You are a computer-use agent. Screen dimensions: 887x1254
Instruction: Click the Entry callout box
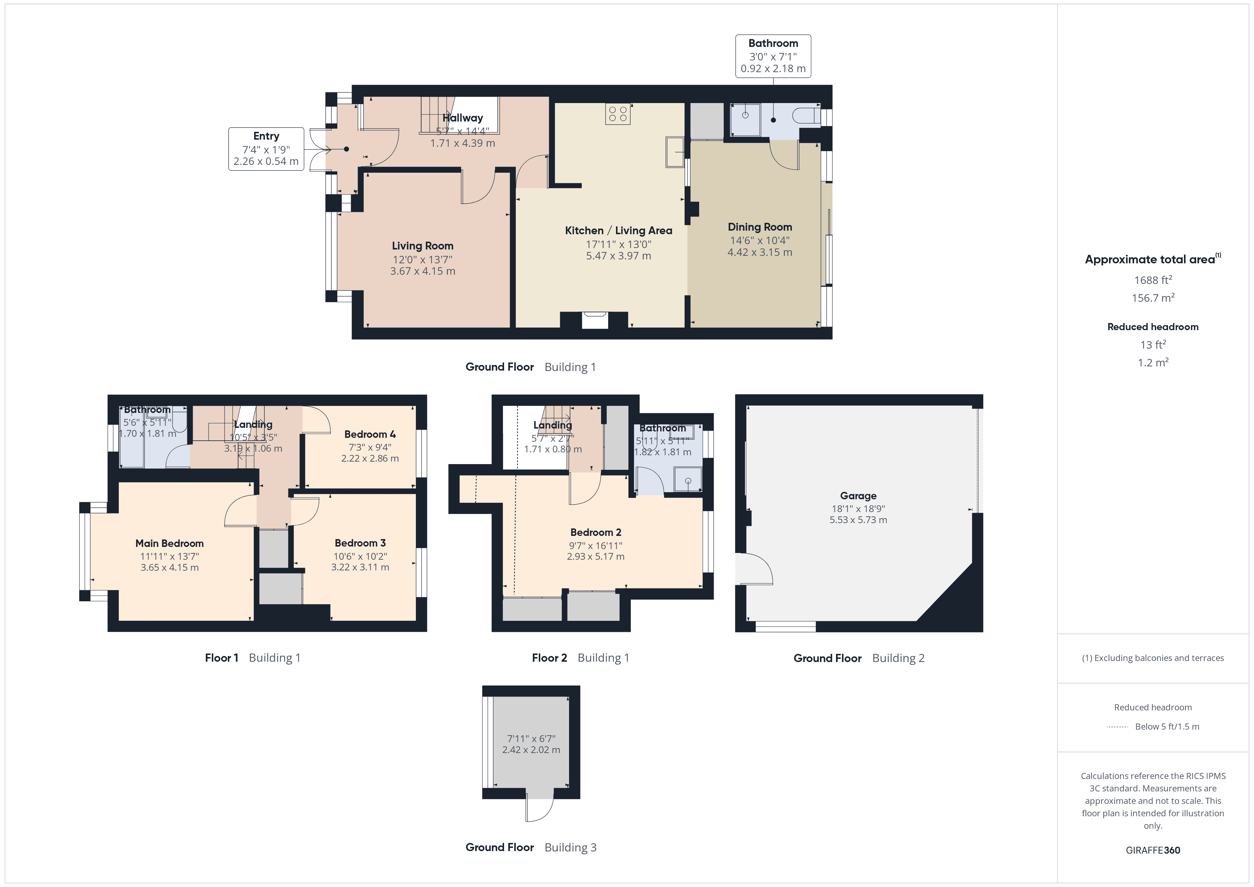pos(266,149)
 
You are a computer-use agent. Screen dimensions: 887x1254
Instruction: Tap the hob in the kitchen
pos(618,114)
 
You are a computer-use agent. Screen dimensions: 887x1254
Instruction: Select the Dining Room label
pos(759,227)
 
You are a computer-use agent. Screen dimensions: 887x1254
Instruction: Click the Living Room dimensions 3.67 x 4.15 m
pos(422,271)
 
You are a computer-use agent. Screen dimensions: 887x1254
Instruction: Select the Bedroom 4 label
pos(370,434)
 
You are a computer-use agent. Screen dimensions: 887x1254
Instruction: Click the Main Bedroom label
pos(169,543)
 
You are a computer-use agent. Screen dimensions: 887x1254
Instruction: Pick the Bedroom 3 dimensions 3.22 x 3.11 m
pos(360,567)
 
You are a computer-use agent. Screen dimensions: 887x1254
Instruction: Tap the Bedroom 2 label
pos(595,532)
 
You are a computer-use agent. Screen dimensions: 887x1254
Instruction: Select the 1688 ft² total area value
pos(1152,280)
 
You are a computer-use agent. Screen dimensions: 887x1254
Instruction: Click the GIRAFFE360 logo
pos(1152,850)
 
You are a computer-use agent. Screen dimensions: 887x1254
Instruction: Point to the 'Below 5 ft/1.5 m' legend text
pos(1167,726)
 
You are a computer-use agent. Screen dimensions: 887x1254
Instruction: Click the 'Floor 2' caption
pos(549,657)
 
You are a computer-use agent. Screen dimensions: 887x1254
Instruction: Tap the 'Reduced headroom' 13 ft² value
pos(1152,345)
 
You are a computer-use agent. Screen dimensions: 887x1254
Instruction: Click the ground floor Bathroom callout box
pos(772,56)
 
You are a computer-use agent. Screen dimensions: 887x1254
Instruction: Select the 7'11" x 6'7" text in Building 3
pos(531,738)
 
